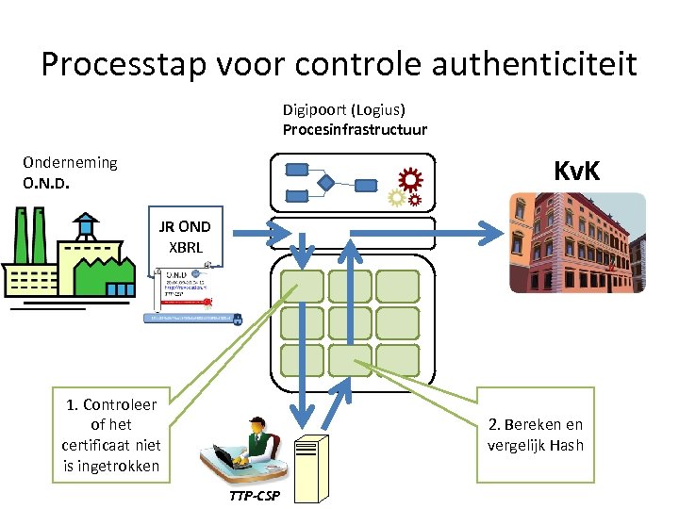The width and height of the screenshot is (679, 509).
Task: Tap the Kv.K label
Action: pos(577,172)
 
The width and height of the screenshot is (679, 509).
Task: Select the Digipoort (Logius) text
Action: pos(343,110)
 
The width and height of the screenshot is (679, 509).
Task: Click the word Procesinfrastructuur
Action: pos(355,130)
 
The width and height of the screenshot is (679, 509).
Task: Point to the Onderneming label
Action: pos(70,162)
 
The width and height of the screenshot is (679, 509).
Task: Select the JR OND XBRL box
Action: pos(184,238)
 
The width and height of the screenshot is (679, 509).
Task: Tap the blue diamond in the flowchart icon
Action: pos(326,182)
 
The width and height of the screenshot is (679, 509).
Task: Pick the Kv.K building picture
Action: pos(577,242)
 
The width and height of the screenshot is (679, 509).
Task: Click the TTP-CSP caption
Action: pos(254,496)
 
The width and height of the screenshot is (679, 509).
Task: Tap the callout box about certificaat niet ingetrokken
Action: pos(112,435)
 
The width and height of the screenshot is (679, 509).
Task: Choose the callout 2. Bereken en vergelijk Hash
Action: pos(535,435)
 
